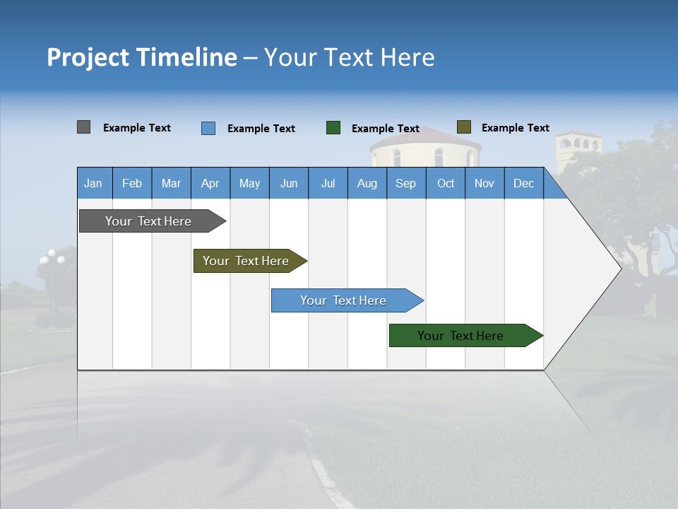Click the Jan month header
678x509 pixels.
coord(93,184)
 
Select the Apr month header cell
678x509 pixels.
coord(210,184)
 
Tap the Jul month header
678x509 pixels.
coord(328,184)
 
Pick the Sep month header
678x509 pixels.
coord(405,184)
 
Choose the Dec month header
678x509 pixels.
coord(523,184)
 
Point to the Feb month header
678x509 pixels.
coord(132,184)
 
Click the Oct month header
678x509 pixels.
coord(446,184)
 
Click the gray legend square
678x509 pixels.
coord(83,127)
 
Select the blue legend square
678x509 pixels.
coord(208,128)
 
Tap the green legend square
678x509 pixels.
coord(333,128)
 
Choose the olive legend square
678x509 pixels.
coord(464,127)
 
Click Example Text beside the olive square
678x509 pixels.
coord(515,128)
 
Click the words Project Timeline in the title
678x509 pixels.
coord(142,57)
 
